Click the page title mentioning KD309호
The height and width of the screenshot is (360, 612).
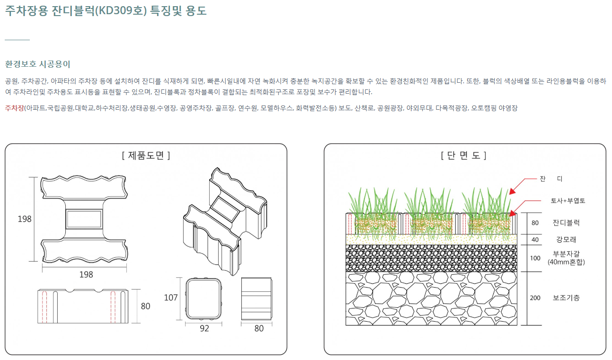(x=106, y=11)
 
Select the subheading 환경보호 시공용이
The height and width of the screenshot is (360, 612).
(x=37, y=64)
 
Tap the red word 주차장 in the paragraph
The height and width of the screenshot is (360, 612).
(x=14, y=108)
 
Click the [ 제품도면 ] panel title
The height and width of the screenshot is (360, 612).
(x=146, y=156)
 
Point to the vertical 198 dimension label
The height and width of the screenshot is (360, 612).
(x=25, y=219)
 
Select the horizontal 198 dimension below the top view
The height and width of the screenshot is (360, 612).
(x=86, y=274)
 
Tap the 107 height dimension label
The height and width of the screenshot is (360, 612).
(x=171, y=298)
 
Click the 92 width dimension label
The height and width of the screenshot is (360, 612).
(x=204, y=328)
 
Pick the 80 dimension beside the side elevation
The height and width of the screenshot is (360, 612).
(x=145, y=306)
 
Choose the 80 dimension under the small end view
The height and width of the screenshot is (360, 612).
(x=259, y=328)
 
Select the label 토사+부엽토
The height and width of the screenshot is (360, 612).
(x=568, y=201)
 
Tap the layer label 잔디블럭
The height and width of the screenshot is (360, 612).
(x=566, y=223)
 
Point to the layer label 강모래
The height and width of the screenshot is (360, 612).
(x=566, y=239)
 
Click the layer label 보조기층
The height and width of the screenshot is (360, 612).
(x=566, y=298)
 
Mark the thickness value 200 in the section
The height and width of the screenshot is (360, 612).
(x=535, y=298)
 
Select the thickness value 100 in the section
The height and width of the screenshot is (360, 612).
(x=535, y=258)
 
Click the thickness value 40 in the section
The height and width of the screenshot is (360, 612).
(x=535, y=240)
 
